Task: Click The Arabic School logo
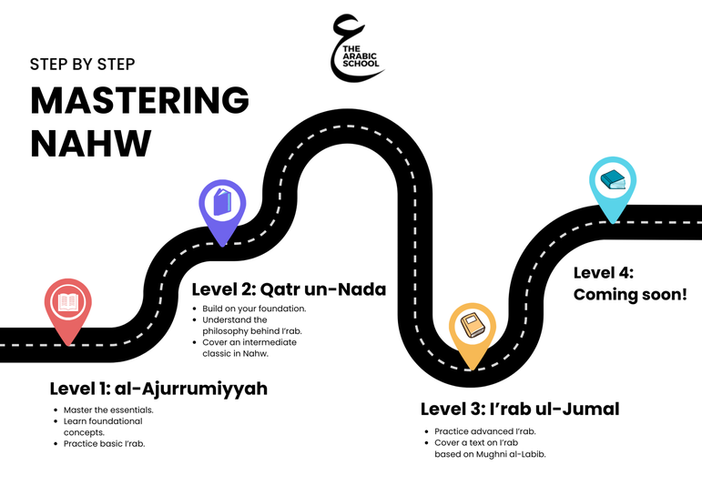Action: (357, 48)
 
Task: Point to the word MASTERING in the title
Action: (139, 100)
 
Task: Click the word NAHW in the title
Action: (91, 143)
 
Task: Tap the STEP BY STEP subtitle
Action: (82, 65)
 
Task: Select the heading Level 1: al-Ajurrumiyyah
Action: (158, 389)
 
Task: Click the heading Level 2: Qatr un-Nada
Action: (289, 289)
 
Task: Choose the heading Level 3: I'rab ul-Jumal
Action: (520, 409)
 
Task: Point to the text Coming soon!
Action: (630, 295)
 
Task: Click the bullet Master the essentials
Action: (108, 410)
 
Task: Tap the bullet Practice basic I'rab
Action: (105, 443)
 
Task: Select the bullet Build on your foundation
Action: (254, 309)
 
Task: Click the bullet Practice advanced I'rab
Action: (485, 431)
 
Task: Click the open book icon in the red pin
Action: (68, 302)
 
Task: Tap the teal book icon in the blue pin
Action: (613, 180)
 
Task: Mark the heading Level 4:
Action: (604, 273)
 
